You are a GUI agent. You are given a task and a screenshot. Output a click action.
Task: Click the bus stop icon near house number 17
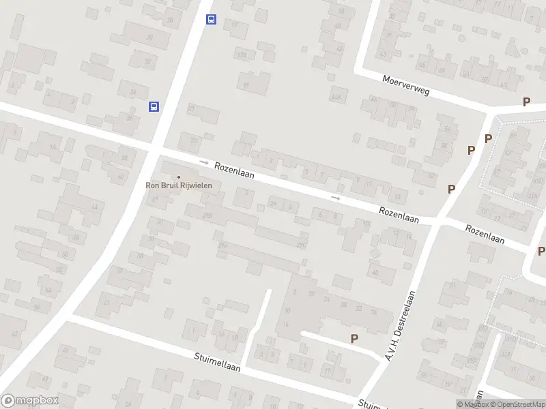click(x=212, y=20)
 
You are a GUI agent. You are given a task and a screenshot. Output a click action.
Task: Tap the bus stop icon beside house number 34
click(x=154, y=106)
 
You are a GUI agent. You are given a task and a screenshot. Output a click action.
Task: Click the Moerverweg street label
click(x=406, y=85)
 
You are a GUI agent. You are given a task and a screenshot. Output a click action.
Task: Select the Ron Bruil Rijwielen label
click(x=179, y=184)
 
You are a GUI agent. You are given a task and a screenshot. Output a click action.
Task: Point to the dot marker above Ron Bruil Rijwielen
click(x=179, y=177)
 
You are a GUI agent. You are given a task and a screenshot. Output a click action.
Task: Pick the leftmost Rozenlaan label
click(x=234, y=170)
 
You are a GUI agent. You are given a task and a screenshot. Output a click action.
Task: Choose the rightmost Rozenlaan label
click(x=485, y=235)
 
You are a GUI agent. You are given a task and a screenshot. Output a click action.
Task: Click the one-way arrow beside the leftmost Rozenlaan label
click(x=203, y=162)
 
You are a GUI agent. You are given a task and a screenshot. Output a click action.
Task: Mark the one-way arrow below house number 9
click(x=335, y=198)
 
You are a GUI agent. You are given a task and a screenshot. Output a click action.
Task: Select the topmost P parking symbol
click(x=526, y=102)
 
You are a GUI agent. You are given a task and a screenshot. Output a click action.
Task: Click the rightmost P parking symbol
click(x=541, y=251)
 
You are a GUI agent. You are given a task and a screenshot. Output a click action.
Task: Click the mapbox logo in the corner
click(x=30, y=401)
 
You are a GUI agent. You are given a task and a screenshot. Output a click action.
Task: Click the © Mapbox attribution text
click(x=474, y=404)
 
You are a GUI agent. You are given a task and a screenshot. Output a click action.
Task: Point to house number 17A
click(x=241, y=55)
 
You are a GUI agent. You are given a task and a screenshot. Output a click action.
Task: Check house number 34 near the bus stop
click(x=129, y=117)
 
